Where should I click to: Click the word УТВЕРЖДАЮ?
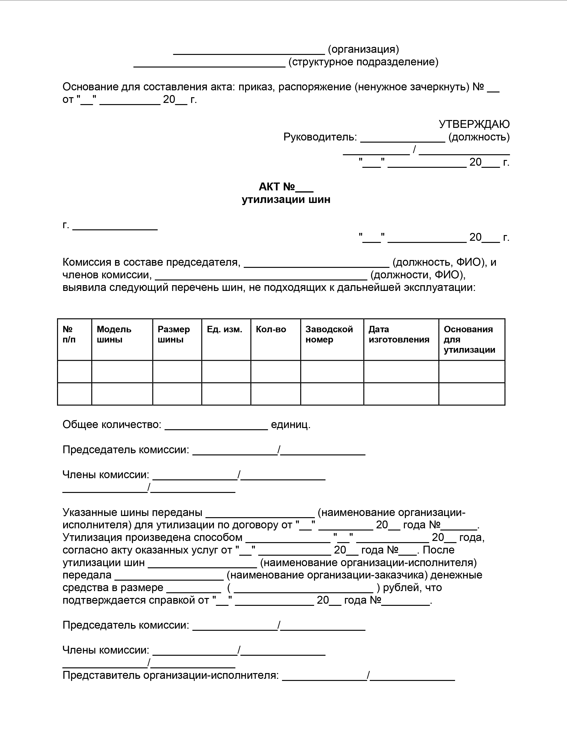click(474, 124)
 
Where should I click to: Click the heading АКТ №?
click(286, 187)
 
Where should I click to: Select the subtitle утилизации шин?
click(286, 200)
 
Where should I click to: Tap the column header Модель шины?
click(114, 334)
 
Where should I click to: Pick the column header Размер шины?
click(174, 334)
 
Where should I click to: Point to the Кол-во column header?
click(271, 329)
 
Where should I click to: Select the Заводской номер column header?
click(329, 334)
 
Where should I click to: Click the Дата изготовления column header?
click(399, 334)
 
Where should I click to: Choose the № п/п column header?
click(69, 334)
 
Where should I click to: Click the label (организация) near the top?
click(363, 49)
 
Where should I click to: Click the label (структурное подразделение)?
click(363, 62)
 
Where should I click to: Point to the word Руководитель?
click(320, 137)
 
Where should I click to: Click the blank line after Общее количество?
click(216, 425)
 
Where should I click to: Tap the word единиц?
click(291, 425)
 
